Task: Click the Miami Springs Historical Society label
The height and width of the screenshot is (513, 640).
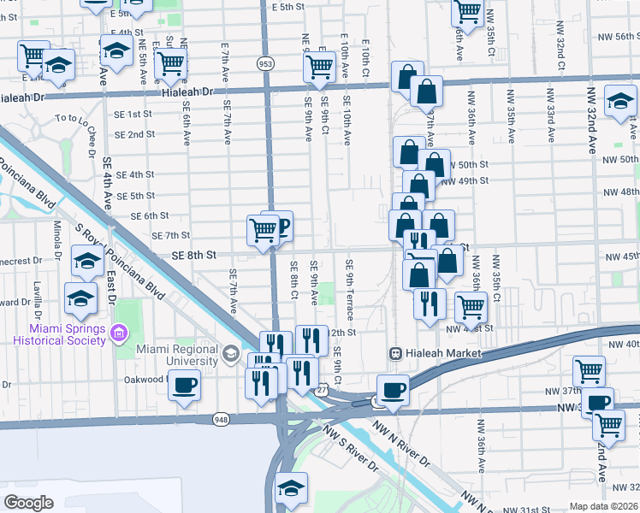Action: click(x=58, y=334)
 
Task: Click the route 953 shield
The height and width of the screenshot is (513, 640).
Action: click(x=265, y=62)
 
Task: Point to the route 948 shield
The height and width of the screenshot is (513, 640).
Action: click(x=222, y=419)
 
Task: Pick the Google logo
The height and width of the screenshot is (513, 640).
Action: click(x=28, y=503)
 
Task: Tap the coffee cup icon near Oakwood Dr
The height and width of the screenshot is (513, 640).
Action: click(x=183, y=386)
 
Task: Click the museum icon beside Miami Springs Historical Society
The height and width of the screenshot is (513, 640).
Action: click(x=119, y=331)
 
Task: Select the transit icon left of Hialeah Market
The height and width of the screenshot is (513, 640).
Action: click(x=396, y=353)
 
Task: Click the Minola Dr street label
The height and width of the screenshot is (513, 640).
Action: click(x=56, y=239)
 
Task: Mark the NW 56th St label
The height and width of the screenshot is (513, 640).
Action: click(x=616, y=36)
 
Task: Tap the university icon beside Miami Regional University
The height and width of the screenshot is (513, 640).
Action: click(x=231, y=353)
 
